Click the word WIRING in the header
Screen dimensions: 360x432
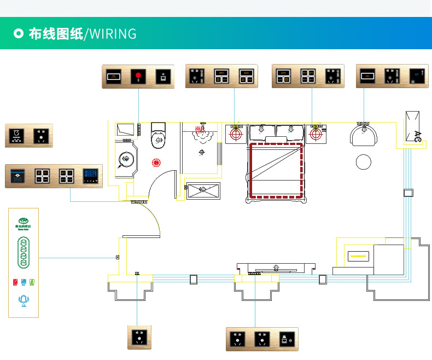click(x=112, y=34)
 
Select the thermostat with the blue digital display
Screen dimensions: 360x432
click(x=90, y=176)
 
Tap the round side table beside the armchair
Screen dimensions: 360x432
click(x=364, y=162)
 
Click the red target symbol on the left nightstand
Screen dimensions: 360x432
click(x=236, y=133)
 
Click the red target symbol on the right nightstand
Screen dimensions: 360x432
click(x=316, y=133)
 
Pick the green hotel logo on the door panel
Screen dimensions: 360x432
click(x=23, y=221)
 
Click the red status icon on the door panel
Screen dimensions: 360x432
click(x=15, y=282)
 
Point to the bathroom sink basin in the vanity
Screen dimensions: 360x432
click(x=125, y=159)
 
